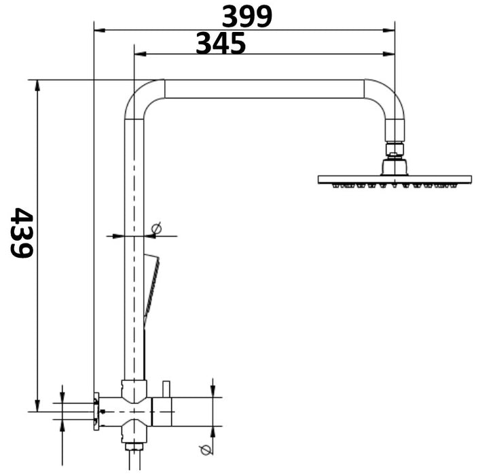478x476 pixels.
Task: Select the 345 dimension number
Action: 221,44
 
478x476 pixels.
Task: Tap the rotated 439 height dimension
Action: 22,233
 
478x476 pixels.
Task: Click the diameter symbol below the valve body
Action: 204,449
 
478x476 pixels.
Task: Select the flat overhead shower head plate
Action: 394,180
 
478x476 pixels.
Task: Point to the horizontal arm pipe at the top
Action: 265,89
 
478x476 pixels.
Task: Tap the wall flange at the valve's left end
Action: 97,411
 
